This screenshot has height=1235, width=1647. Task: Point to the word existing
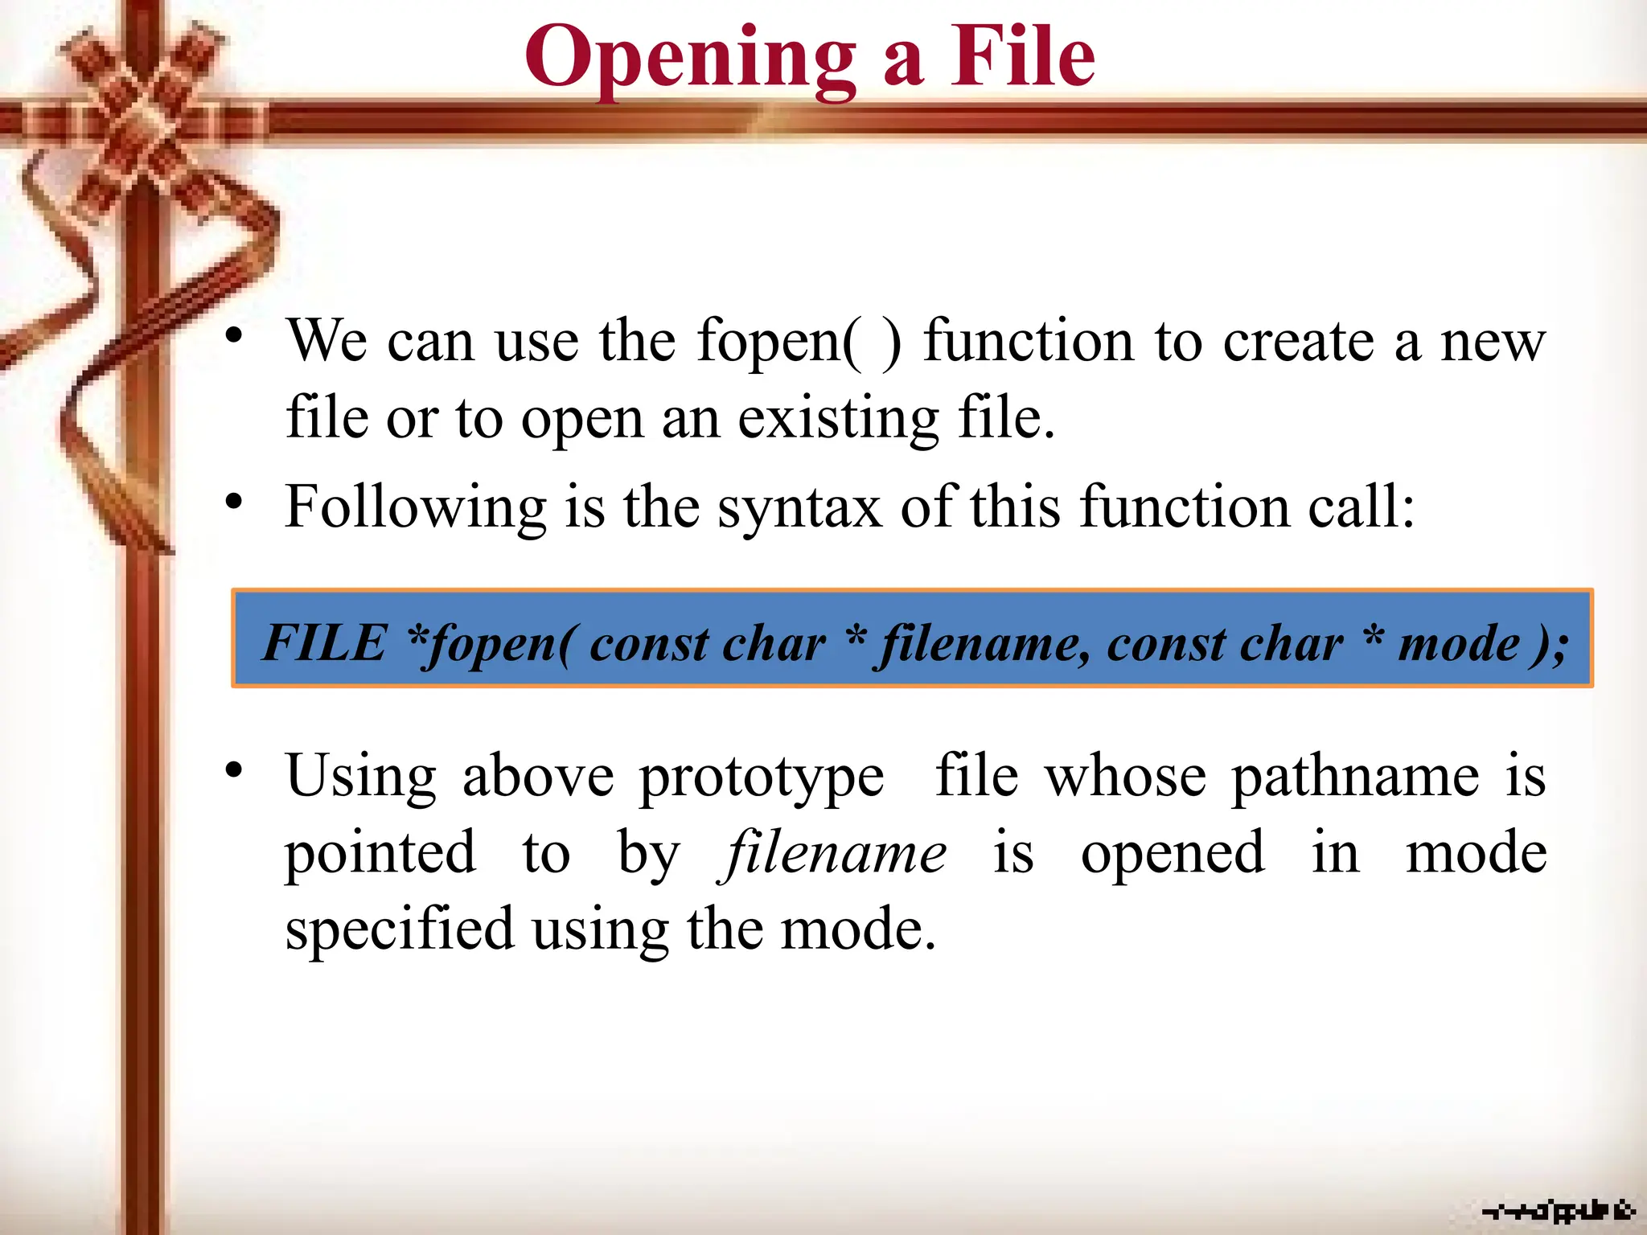coord(838,420)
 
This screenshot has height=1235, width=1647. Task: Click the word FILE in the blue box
coord(325,642)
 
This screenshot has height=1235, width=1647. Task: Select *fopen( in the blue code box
coord(492,644)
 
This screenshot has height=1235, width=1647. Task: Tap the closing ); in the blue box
coord(1548,644)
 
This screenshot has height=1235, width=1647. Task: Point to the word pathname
coord(1355,777)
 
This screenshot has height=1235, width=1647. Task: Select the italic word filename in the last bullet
coord(833,853)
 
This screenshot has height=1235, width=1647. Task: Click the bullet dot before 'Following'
coord(234,503)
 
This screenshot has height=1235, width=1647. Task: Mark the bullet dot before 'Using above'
coord(234,771)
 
